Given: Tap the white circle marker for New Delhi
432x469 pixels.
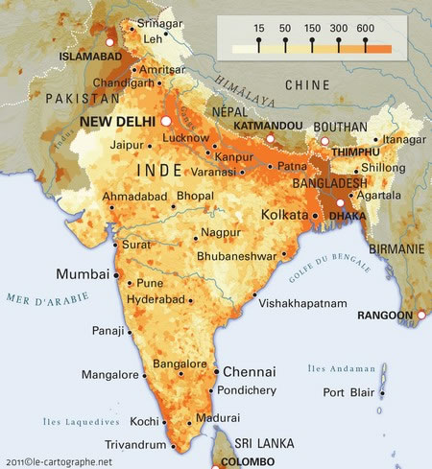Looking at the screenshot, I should click(x=165, y=122).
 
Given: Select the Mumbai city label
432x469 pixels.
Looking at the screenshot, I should click(x=83, y=274).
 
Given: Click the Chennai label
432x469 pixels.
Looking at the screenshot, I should click(x=250, y=371).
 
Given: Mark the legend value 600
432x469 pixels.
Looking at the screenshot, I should click(x=366, y=30).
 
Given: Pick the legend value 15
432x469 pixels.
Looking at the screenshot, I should click(x=258, y=30).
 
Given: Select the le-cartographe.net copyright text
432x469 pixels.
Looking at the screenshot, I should click(x=58, y=461).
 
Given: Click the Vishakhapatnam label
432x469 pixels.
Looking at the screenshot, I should click(x=302, y=303).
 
